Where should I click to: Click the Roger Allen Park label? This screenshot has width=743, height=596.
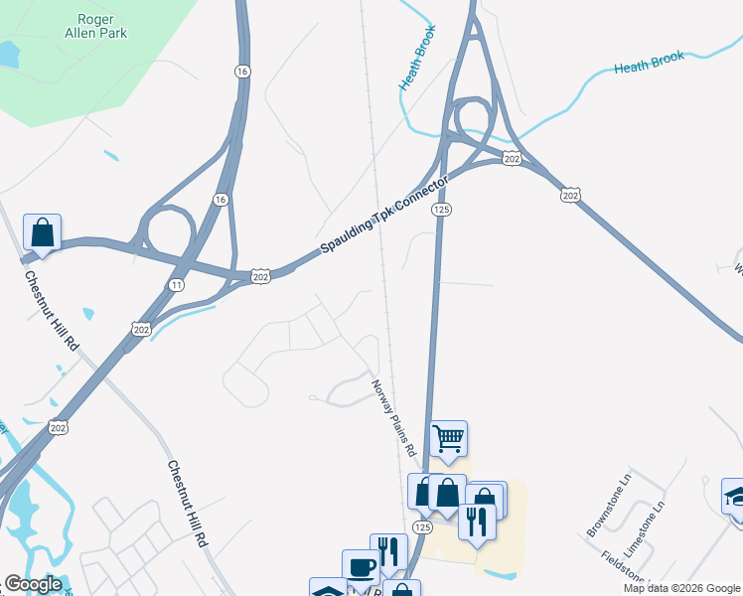pos(104,25)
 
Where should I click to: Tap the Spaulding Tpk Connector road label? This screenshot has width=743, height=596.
pos(385,216)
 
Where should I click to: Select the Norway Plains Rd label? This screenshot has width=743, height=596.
pos(393,416)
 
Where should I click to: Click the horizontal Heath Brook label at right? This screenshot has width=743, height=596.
pos(649,65)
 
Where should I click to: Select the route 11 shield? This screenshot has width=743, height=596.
pos(177,284)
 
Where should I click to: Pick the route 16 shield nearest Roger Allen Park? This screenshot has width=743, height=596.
pos(241,71)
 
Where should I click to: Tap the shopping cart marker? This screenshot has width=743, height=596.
pos(448,437)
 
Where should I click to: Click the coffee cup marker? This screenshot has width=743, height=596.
pos(361,566)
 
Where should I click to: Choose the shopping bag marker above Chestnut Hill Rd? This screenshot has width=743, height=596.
pos(42,231)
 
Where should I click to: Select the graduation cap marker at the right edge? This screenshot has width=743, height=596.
pos(735,495)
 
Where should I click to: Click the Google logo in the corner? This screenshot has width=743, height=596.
pos(33,584)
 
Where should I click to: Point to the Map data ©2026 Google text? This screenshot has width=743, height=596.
pos(681,588)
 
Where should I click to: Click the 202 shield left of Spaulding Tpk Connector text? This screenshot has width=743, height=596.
pos(259,274)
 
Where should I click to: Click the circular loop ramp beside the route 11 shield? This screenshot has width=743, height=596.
pos(166,230)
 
